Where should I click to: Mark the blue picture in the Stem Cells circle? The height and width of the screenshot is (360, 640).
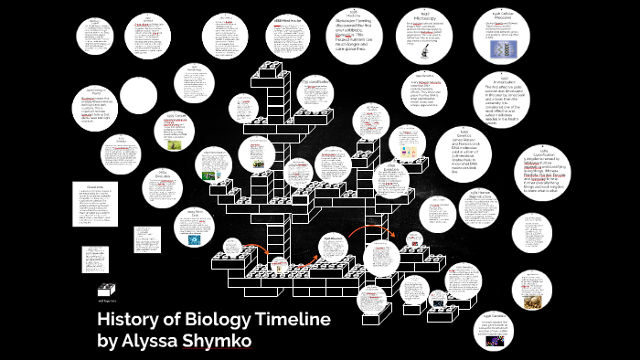click(x=194, y=240)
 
